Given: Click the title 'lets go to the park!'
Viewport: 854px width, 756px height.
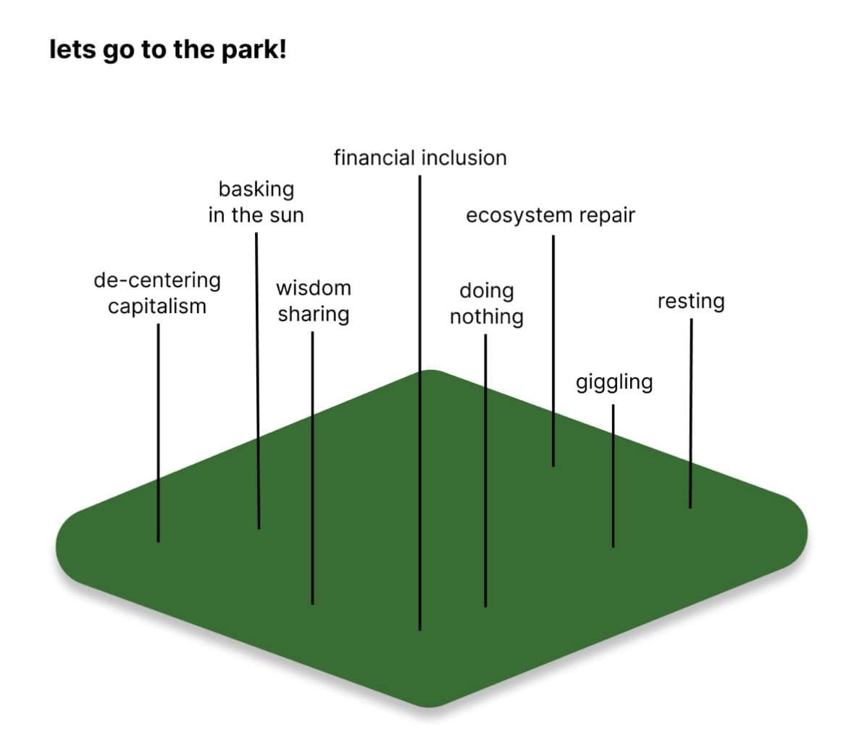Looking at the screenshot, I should tap(167, 51).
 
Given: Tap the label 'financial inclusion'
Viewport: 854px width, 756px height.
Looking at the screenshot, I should tap(419, 158).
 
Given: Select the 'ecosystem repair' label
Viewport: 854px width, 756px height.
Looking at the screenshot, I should tap(550, 215).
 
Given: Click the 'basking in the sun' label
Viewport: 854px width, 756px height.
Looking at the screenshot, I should tap(256, 202).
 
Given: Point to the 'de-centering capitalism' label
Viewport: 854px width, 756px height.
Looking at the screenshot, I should tap(157, 293).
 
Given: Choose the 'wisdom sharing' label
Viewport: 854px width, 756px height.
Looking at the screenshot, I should tap(313, 301).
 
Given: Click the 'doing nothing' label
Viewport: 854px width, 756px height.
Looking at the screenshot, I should tap(486, 303).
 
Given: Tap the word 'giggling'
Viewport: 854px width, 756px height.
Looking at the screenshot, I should tap(614, 382).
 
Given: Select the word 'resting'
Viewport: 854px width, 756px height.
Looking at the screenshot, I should tap(690, 301).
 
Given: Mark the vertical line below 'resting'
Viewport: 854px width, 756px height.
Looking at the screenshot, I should tap(690, 413).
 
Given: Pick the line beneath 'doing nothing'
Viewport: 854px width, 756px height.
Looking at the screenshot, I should tap(485, 471).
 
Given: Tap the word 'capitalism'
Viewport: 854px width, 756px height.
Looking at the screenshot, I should tap(157, 307).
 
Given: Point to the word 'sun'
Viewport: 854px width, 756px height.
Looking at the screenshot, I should tap(287, 215).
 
